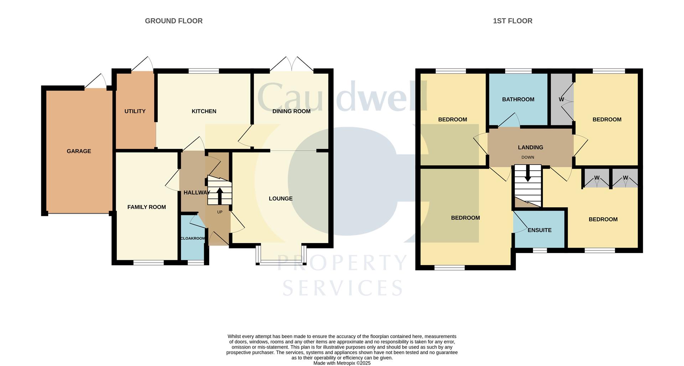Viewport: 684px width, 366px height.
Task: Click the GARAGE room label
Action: click(x=79, y=151)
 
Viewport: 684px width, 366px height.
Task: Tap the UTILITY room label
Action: click(x=135, y=111)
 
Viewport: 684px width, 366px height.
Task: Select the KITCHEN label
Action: click(x=204, y=111)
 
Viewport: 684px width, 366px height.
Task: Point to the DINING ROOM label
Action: click(x=291, y=111)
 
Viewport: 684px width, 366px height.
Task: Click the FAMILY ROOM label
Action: click(x=146, y=207)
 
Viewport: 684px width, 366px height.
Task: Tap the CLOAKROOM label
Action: click(x=193, y=238)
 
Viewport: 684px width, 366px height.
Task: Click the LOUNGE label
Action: click(x=280, y=199)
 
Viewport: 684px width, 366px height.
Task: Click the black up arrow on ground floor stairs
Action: click(x=219, y=196)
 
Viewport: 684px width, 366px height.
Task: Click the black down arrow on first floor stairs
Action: click(x=528, y=174)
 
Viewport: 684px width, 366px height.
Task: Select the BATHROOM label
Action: click(x=518, y=99)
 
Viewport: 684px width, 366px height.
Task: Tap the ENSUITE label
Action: click(x=539, y=230)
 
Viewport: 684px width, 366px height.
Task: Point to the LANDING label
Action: click(x=530, y=147)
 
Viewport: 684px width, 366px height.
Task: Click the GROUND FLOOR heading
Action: click(x=173, y=21)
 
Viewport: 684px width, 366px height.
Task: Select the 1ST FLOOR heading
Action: click(x=512, y=21)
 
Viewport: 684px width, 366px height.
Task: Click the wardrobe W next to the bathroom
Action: click(x=561, y=99)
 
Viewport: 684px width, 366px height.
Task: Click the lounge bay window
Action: click(x=281, y=263)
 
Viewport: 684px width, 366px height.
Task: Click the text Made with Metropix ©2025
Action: click(x=342, y=363)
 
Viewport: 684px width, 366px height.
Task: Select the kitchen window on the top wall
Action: click(x=203, y=71)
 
